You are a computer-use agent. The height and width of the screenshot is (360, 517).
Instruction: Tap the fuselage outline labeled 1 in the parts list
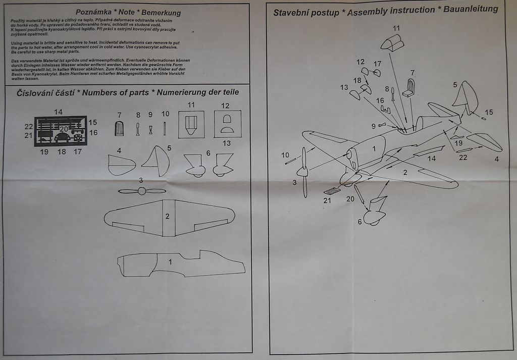(180, 264)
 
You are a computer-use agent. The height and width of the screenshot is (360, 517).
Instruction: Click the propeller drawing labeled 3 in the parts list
(142, 191)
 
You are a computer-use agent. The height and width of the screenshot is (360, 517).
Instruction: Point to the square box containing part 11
(191, 124)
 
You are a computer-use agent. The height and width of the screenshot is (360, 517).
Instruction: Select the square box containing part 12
(227, 124)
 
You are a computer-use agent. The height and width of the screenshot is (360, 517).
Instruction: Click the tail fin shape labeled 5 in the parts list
(157, 161)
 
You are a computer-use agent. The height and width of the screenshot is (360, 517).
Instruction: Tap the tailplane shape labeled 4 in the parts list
(121, 165)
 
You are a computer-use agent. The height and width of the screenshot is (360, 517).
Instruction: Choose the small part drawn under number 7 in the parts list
(119, 128)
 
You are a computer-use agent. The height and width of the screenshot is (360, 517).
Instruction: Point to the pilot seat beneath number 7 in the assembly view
(409, 89)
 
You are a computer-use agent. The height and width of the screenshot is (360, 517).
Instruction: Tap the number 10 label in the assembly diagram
(286, 155)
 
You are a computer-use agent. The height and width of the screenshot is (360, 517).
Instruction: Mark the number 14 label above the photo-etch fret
(59, 112)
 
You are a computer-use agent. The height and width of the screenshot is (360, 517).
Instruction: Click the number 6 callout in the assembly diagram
(360, 222)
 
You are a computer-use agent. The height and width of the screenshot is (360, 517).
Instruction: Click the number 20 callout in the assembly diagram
(350, 199)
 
